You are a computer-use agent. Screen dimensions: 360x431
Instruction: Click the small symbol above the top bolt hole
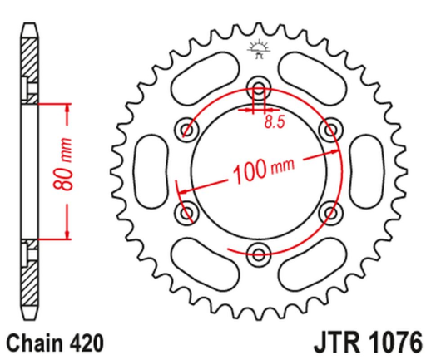[258, 49]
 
